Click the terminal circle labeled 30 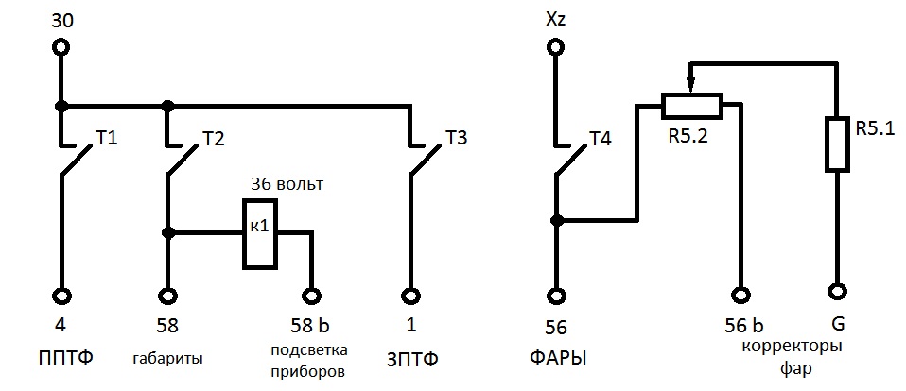coord(62,46)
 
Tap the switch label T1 coord(107,139)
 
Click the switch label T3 coord(456,139)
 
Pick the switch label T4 coord(600,139)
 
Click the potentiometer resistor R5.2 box coord(691,106)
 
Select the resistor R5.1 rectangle coord(836,144)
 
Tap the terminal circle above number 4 coord(62,296)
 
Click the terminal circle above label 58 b coord(310,296)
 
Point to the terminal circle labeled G coord(836,291)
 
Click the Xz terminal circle coord(557,46)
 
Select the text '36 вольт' coord(286,184)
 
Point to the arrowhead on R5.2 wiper coord(691,87)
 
